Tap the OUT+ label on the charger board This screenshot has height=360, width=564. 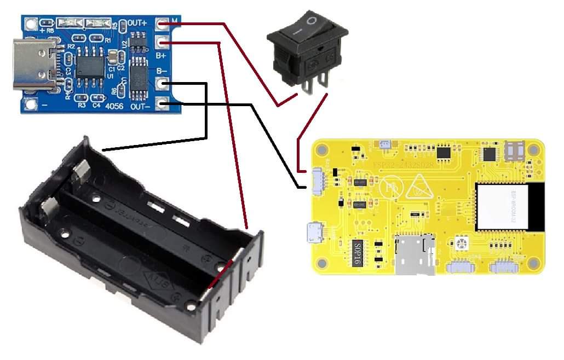coord(137,23)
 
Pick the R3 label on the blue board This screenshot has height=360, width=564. coord(82,104)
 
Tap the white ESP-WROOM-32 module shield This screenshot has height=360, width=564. coord(503,206)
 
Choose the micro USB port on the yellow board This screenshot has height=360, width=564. coord(315,232)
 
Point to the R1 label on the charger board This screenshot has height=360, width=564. coord(108,40)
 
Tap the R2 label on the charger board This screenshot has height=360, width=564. coord(71,48)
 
